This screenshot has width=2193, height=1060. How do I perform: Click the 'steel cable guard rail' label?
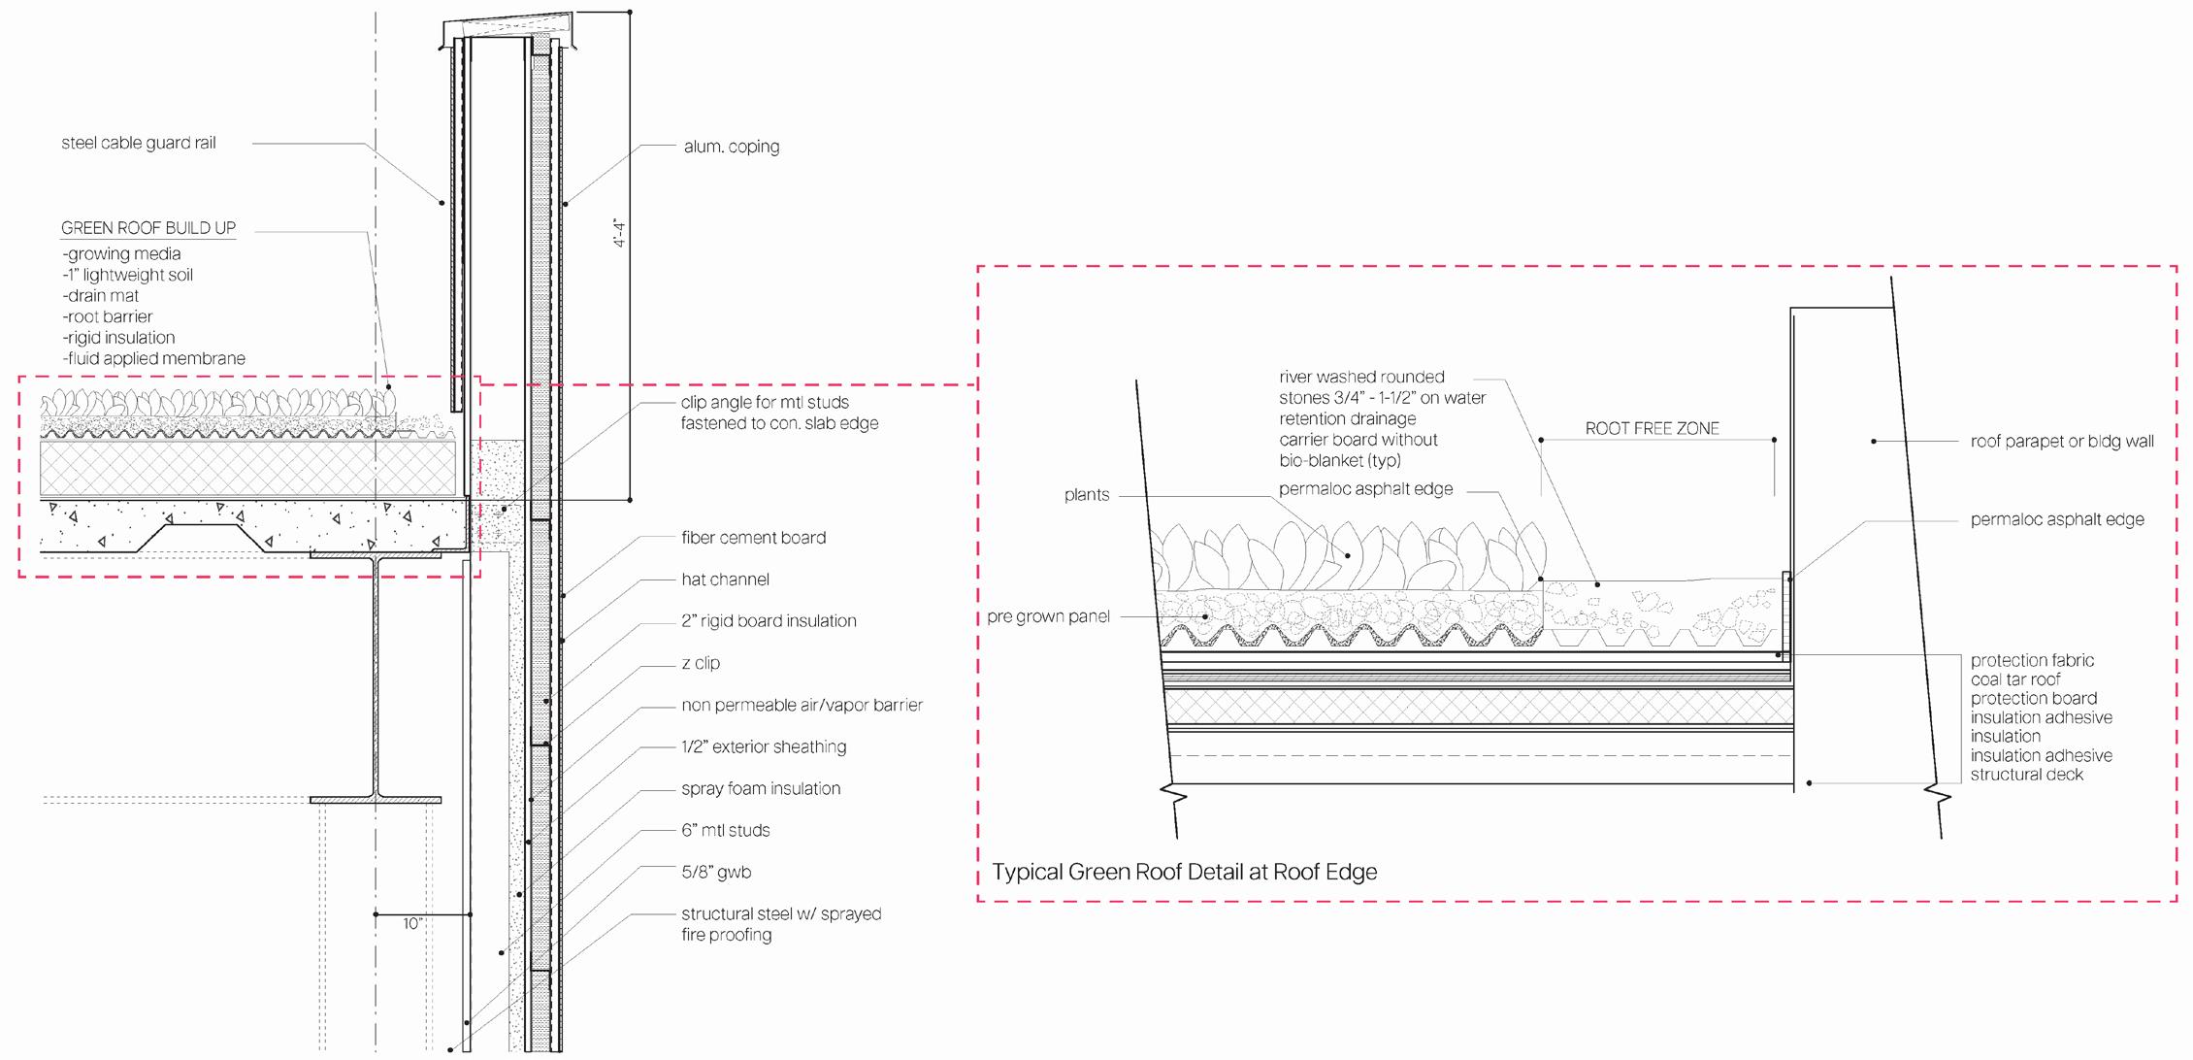pyautogui.click(x=138, y=143)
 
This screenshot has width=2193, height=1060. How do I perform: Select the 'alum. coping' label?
pyautogui.click(x=731, y=147)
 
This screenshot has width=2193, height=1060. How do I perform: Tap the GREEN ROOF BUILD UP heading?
pyautogui.click(x=148, y=228)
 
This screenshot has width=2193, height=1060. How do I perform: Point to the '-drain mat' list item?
pyautogui.click(x=101, y=296)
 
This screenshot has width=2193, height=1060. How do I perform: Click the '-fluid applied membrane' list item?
pyautogui.click(x=153, y=359)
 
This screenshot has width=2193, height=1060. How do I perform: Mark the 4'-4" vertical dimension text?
pyautogui.click(x=619, y=234)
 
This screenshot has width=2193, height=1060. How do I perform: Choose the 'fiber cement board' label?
pyautogui.click(x=753, y=538)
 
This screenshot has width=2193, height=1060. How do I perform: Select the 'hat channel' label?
pyautogui.click(x=725, y=580)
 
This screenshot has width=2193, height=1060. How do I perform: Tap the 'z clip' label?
pyautogui.click(x=701, y=663)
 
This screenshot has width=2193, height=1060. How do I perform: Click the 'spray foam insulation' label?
pyautogui.click(x=761, y=788)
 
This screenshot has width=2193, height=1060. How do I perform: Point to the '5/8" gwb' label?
pyautogui.click(x=716, y=872)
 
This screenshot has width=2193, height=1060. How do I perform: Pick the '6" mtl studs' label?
pyautogui.click(x=725, y=830)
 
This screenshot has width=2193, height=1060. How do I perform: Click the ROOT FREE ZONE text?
pyautogui.click(x=1652, y=428)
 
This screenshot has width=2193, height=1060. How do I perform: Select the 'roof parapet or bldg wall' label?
pyautogui.click(x=2061, y=441)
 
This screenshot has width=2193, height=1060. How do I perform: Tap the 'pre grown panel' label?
pyautogui.click(x=1048, y=616)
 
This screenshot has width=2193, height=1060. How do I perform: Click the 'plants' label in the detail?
pyautogui.click(x=1086, y=495)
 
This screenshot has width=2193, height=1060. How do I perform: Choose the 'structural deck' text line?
pyautogui.click(x=2026, y=775)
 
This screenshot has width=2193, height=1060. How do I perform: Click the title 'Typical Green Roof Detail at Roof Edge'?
pyautogui.click(x=1184, y=872)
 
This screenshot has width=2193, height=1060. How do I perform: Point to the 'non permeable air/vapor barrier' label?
pyautogui.click(x=802, y=705)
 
